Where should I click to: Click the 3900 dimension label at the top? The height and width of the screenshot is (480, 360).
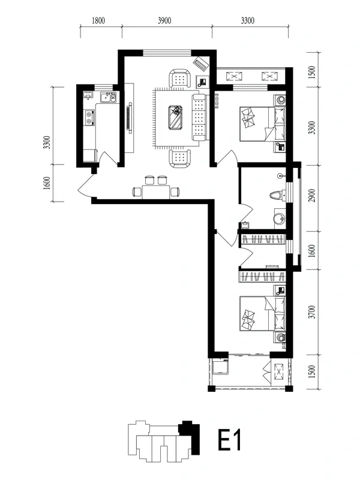click(x=164, y=20)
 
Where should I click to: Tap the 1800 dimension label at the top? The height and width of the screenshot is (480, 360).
click(x=98, y=20)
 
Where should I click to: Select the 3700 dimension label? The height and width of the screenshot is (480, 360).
click(x=312, y=312)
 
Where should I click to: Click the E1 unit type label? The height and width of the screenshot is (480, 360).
click(x=230, y=440)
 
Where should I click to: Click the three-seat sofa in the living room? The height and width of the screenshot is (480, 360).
click(x=200, y=118)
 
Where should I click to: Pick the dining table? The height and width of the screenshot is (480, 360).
click(x=156, y=192)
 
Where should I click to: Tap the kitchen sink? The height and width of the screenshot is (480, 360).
click(x=106, y=98)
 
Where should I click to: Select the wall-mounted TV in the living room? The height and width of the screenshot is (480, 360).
click(x=130, y=118)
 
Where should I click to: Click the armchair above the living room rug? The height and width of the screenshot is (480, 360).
click(x=179, y=79)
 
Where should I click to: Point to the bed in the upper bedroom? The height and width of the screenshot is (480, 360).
click(x=263, y=124)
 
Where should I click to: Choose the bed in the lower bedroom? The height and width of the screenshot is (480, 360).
click(x=263, y=313)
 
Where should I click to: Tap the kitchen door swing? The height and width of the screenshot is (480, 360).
click(x=109, y=158)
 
